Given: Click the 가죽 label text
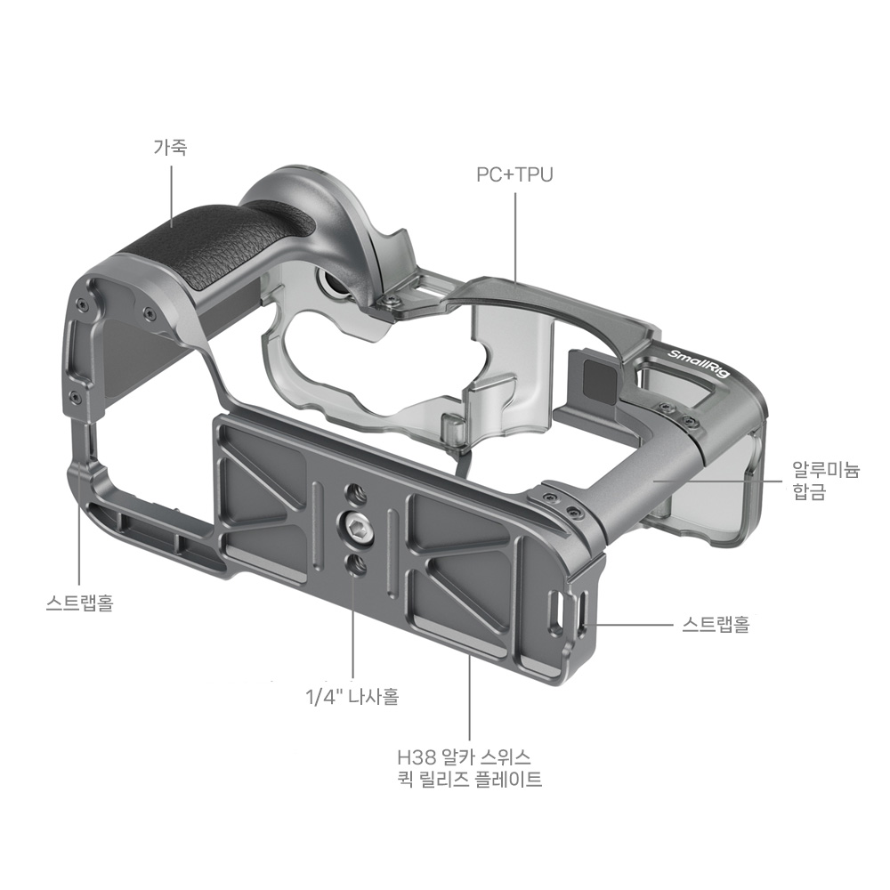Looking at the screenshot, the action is [170, 148].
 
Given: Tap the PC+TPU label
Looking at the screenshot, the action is [514, 174].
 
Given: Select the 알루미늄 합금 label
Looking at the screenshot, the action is [826, 481].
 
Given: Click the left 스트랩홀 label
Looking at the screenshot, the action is [79, 602].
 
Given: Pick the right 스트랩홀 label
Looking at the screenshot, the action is [716, 625].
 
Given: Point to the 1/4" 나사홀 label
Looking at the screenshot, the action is [352, 696].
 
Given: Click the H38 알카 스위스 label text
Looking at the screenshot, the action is [465, 757].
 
